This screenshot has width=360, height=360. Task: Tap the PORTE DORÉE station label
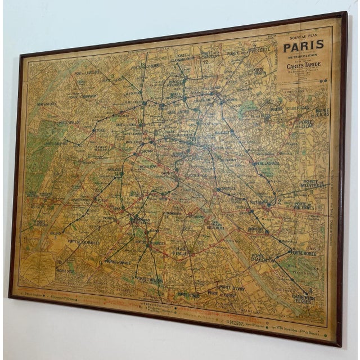[x=304, y=254]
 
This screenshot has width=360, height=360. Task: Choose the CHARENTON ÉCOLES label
[x=303, y=299]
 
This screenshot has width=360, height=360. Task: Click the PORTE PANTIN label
[x=259, y=73]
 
